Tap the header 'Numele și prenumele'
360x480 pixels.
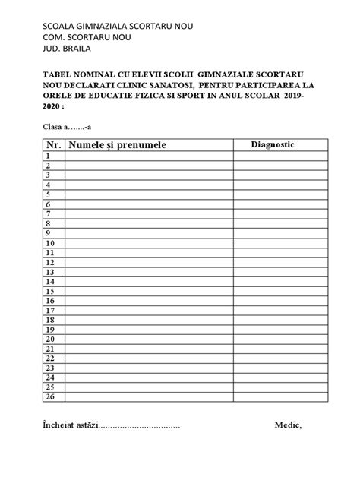tap(117, 144)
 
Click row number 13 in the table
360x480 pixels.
tap(49, 271)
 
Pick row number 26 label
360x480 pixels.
tap(49, 396)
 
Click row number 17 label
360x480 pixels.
tap(49, 310)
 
